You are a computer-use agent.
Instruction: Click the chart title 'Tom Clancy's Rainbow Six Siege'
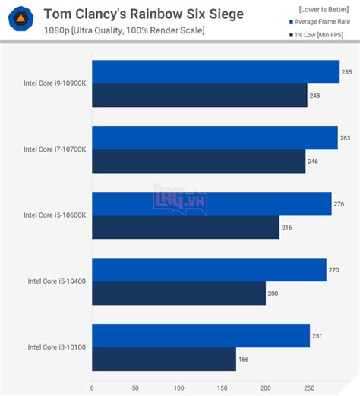144,14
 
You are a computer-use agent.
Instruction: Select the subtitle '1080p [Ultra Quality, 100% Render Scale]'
123,30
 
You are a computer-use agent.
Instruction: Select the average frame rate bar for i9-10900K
215,72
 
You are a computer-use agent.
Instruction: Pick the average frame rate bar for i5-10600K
211,204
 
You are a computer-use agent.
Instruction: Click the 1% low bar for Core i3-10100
163,360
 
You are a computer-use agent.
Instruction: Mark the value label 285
346,72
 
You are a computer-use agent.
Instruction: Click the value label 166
244,360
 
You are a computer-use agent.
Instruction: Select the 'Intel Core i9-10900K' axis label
55,83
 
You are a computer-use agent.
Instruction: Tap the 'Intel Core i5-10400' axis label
57,281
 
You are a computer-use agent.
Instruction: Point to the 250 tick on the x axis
308,388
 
